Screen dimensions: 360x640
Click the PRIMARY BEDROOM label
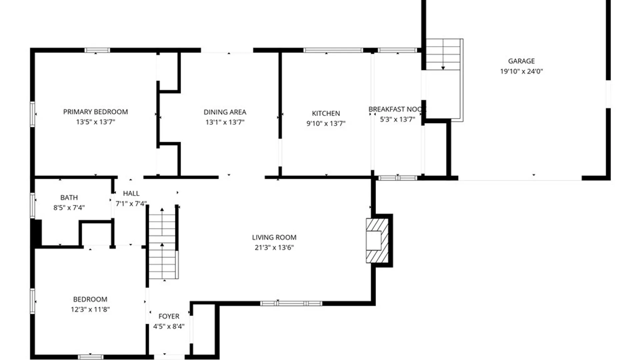pyautogui.click(x=95, y=112)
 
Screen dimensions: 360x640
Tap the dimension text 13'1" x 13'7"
pyautogui.click(x=225, y=122)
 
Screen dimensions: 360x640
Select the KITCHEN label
pyautogui.click(x=326, y=113)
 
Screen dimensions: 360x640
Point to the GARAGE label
pyautogui.click(x=521, y=61)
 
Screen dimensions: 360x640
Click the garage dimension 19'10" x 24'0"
pyautogui.click(x=521, y=71)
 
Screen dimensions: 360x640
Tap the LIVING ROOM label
pyautogui.click(x=274, y=237)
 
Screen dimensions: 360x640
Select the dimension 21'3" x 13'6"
pyautogui.click(x=274, y=247)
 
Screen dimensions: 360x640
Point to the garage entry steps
pyautogui.click(x=443, y=54)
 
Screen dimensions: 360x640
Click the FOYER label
pyautogui.click(x=169, y=316)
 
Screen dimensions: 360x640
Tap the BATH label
pyautogui.click(x=69, y=197)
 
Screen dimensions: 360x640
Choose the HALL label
pyautogui.click(x=131, y=193)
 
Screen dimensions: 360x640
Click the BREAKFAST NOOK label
pyautogui.click(x=397, y=109)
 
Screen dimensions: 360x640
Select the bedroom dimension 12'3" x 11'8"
pyautogui.click(x=90, y=309)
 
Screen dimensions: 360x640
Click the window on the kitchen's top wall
pyautogui.click(x=333, y=50)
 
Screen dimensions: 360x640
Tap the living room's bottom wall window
pyautogui.click(x=291, y=303)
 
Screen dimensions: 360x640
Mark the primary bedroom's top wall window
pyautogui.click(x=97, y=50)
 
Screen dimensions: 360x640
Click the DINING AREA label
pyautogui.click(x=225, y=112)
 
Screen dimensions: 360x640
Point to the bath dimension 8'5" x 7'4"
pyautogui.click(x=69, y=207)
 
